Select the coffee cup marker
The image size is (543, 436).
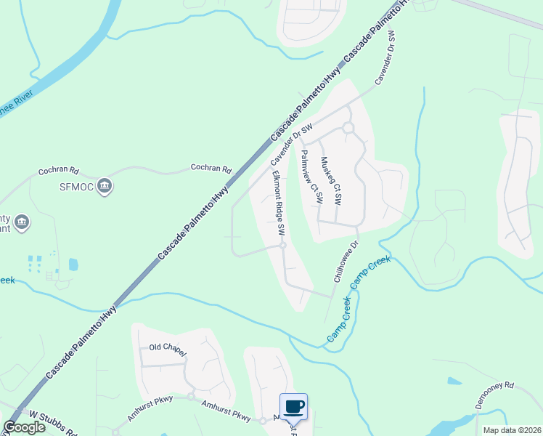pyautogui.click(x=293, y=407)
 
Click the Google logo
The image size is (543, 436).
pyautogui.click(x=25, y=428)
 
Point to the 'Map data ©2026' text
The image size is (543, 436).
pyautogui.click(x=512, y=430)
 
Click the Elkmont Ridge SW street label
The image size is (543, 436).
pyautogui.click(x=277, y=203)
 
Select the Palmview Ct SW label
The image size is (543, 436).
pyautogui.click(x=311, y=179)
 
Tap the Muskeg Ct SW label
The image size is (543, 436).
pyautogui.click(x=330, y=182)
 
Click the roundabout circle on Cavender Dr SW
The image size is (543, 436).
pyautogui.click(x=348, y=128)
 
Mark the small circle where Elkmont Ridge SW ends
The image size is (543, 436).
pyautogui.click(x=283, y=246)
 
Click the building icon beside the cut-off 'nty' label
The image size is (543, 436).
pyautogui.click(x=21, y=221)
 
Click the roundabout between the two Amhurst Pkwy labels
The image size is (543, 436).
pyautogui.click(x=191, y=397)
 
